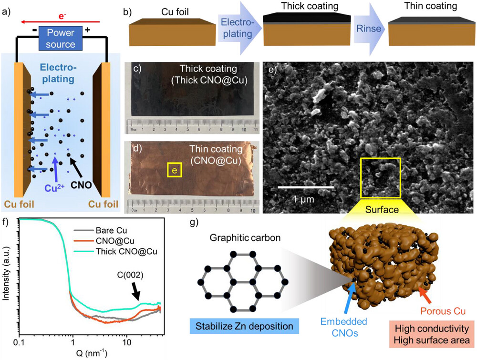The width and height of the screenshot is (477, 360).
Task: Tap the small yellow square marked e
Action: click(x=174, y=170)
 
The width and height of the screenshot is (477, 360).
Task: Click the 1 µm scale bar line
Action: click(x=305, y=187)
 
